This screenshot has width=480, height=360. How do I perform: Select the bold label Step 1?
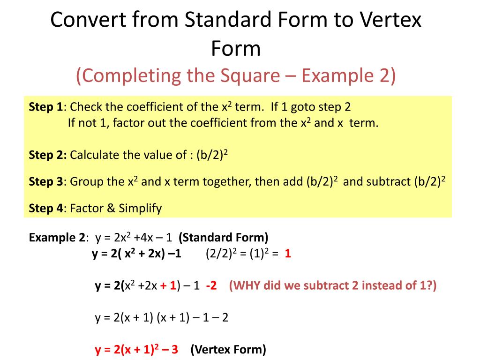45,107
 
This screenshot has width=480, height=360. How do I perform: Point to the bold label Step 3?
45,181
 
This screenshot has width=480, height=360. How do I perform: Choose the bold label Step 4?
45,208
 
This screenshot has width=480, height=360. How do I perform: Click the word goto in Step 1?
303,107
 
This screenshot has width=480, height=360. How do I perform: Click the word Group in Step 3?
83,181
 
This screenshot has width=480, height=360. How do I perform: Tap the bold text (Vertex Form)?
228,349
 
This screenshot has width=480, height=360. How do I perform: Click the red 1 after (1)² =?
288,255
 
